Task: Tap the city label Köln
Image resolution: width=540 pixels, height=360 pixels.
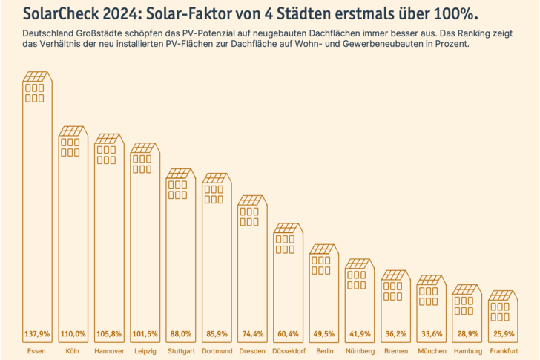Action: tap(72, 350)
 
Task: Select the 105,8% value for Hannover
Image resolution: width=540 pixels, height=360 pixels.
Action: tap(108, 333)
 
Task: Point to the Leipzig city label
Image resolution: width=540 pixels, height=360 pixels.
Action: tap(144, 350)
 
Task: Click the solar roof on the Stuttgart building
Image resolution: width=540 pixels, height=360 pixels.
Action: tap(180, 175)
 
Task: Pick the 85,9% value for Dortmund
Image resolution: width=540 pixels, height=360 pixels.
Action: tap(216, 333)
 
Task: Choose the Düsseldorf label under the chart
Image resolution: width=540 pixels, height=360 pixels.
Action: tap(288, 350)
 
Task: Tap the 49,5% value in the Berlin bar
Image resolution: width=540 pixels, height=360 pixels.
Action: tap(324, 333)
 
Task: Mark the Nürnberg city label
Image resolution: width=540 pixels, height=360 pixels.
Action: tap(360, 350)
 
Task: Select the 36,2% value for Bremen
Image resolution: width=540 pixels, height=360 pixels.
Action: tap(396, 333)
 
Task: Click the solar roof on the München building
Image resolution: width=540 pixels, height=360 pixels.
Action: tap(432, 281)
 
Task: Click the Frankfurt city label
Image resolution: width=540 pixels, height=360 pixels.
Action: tap(504, 350)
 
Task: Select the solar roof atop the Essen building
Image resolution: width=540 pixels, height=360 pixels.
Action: tap(36, 76)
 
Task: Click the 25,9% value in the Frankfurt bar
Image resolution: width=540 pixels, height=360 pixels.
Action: tap(504, 333)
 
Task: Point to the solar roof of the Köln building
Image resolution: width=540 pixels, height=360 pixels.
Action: tap(72, 132)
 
